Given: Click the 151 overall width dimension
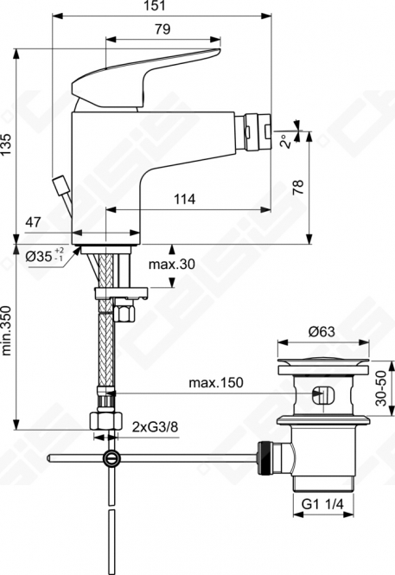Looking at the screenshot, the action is point(155,6).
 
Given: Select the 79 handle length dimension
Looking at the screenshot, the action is point(162,29).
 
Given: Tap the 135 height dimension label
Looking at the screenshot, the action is point(7,144).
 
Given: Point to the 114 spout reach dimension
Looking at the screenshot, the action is point(184,200).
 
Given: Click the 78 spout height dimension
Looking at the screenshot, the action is point(299,187).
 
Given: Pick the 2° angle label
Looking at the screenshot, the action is point(287,140).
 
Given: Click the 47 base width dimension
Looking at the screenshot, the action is point(34,222).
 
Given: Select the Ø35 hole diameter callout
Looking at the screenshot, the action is point(45,256).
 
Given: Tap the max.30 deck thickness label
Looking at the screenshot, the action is point(171,264).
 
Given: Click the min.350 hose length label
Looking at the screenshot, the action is point(7,331).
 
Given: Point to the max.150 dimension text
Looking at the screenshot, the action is point(216,383).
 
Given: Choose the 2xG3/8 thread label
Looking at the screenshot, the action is point(156,427).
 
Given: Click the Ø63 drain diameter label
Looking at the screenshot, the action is point(322,332).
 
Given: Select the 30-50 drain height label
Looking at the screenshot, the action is point(382,388).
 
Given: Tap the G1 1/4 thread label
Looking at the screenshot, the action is point(322,504).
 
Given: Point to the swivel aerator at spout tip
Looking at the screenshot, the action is point(253,132).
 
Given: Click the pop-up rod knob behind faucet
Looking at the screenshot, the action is point(61,184).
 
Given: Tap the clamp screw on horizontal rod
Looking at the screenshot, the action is point(111,458).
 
